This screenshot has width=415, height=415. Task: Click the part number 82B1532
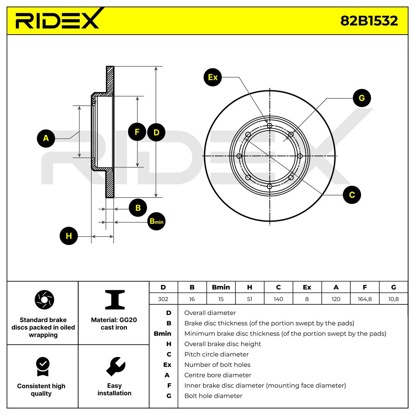[x=369, y=21]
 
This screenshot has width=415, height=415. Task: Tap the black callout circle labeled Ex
[x=213, y=77]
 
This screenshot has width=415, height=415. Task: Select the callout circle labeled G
[x=361, y=98]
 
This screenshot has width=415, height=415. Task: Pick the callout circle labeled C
[x=352, y=195]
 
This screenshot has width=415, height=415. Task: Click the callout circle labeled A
[x=46, y=138]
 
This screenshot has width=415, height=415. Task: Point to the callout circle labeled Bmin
[x=156, y=221]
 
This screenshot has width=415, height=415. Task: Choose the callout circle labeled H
[x=69, y=236]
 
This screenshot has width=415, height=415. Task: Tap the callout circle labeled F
[x=137, y=132]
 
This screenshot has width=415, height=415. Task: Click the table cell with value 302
[x=163, y=299]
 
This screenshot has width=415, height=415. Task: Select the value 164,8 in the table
[x=365, y=299]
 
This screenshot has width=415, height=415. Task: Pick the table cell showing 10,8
[x=393, y=299]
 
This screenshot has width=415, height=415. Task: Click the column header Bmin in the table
[x=221, y=287]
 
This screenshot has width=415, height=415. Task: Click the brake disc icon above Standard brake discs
[x=45, y=299]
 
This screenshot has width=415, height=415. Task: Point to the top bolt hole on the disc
[x=270, y=125]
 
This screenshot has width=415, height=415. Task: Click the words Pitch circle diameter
[x=216, y=354]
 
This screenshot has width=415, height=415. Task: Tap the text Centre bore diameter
[x=218, y=375]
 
